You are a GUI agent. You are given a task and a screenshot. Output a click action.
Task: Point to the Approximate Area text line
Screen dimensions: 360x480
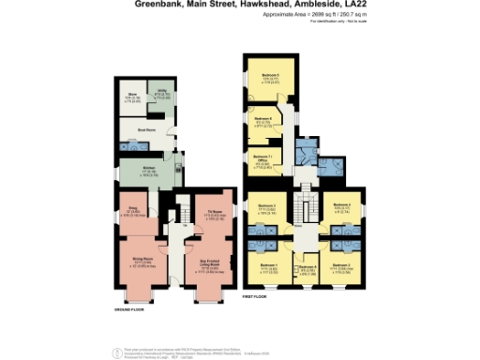(308, 16)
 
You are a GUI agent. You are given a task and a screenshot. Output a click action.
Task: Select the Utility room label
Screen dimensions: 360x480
(161, 91)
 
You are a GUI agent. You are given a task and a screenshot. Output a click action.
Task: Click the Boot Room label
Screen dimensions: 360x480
(146, 131)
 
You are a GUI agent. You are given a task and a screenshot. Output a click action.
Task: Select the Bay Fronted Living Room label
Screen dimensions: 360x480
(211, 263)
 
